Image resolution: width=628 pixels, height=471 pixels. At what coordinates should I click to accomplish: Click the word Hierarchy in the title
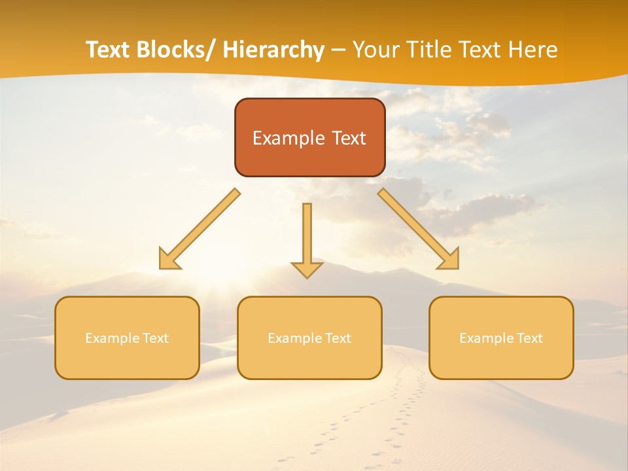click(x=273, y=50)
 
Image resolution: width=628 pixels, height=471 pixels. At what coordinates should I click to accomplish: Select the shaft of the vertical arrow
click(x=307, y=232)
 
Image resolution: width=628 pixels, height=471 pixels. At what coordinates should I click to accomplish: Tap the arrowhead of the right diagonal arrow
click(x=450, y=260)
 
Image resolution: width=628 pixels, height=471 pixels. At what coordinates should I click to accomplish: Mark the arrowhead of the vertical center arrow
click(x=307, y=270)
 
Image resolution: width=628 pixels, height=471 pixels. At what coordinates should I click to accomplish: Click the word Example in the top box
click(x=279, y=138)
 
